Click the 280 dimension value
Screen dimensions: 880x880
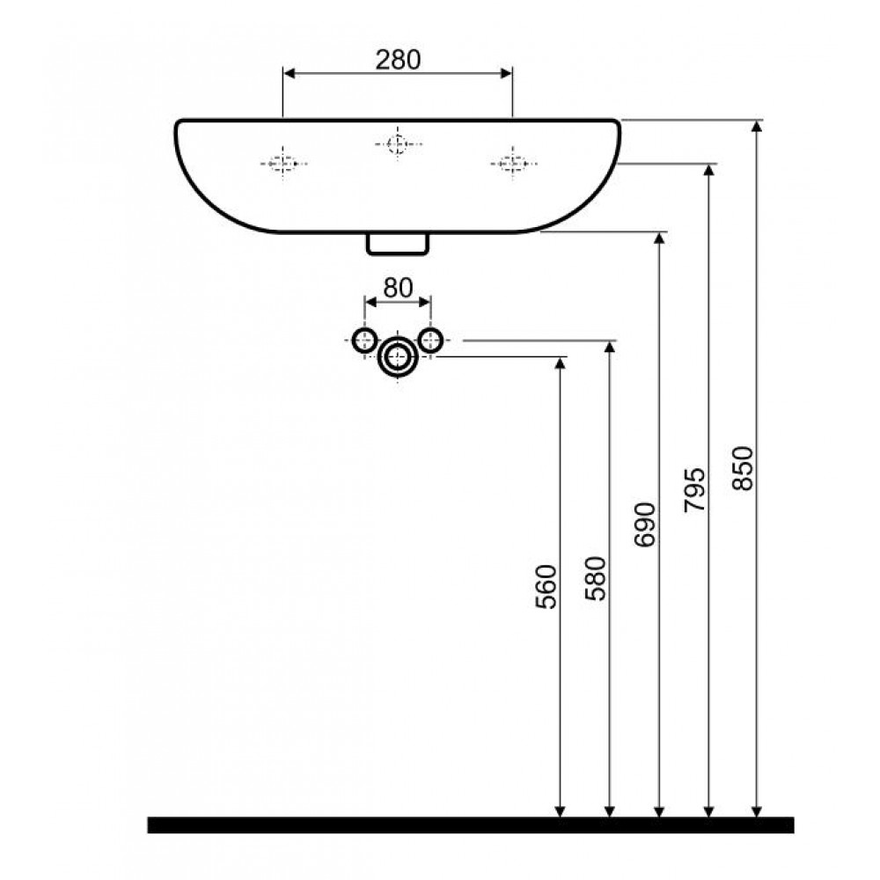pyautogui.click(x=398, y=60)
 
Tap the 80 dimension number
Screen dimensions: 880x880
pyautogui.click(x=398, y=288)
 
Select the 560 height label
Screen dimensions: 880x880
pyautogui.click(x=546, y=586)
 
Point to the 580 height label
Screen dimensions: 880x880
pyautogui.click(x=596, y=579)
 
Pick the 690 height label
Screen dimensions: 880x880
pyautogui.click(x=644, y=524)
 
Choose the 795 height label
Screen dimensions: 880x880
pyautogui.click(x=695, y=490)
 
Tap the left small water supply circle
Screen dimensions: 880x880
pyautogui.click(x=365, y=340)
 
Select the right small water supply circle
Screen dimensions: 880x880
pyautogui.click(x=430, y=340)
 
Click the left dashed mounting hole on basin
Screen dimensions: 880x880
pyautogui.click(x=283, y=164)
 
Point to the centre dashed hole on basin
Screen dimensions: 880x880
pyautogui.click(x=398, y=144)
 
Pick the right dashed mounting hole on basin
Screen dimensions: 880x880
pyautogui.click(x=513, y=164)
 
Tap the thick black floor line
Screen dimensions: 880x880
pyautogui.click(x=470, y=825)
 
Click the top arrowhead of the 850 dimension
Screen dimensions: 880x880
pyautogui.click(x=757, y=126)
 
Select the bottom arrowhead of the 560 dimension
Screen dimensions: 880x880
pyautogui.click(x=560, y=811)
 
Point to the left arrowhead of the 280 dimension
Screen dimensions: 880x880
pyautogui.click(x=290, y=73)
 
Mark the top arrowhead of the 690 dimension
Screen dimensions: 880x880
pyautogui.click(x=659, y=238)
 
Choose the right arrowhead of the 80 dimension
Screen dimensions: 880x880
pyautogui.click(x=425, y=302)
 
